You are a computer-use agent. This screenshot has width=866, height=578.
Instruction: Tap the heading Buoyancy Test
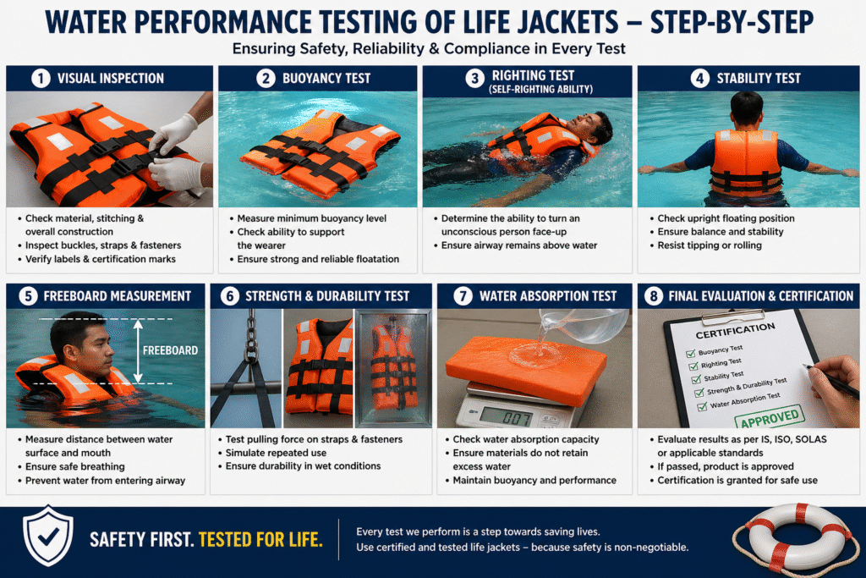click(x=326, y=79)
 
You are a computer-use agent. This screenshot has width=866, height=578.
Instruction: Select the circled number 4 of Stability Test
click(x=700, y=79)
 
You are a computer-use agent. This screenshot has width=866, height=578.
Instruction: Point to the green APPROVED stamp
click(x=769, y=416)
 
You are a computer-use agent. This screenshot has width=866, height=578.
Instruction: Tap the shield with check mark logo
click(x=48, y=537)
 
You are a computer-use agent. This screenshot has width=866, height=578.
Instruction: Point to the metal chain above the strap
click(x=250, y=335)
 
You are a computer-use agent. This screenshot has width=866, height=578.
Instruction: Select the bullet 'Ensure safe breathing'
click(x=75, y=465)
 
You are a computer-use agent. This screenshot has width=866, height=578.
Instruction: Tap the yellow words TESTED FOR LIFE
click(x=260, y=539)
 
